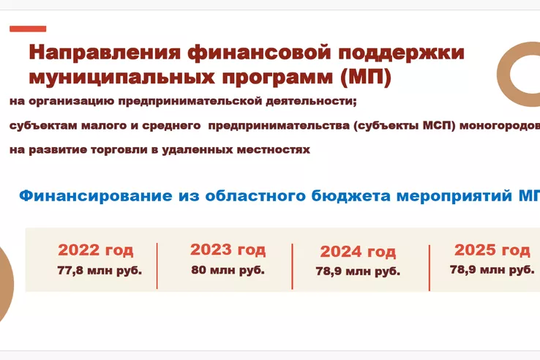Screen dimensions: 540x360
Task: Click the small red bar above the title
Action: (28, 29)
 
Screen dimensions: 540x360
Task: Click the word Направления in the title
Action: (105, 53)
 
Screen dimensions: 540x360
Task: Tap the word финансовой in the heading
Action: (259, 53)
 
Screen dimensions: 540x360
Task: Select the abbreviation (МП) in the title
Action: (366, 77)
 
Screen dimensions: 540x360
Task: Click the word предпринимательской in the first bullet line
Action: (190, 102)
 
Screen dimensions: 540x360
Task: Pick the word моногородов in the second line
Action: (500, 125)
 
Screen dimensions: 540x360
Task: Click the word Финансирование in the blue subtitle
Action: (96, 195)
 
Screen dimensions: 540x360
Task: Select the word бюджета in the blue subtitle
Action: (351, 195)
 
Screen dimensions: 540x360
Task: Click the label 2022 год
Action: (95, 250)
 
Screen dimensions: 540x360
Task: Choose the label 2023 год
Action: (228, 250)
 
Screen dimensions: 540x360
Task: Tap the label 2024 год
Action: (358, 252)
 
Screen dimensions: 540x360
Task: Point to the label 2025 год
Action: (492, 250)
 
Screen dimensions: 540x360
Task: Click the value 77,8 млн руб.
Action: (100, 271)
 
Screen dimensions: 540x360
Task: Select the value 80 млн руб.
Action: (228, 270)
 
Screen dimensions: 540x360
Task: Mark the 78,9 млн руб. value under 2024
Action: (358, 271)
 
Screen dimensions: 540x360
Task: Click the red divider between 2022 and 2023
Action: (157, 266)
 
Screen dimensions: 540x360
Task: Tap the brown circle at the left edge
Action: (6, 284)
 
